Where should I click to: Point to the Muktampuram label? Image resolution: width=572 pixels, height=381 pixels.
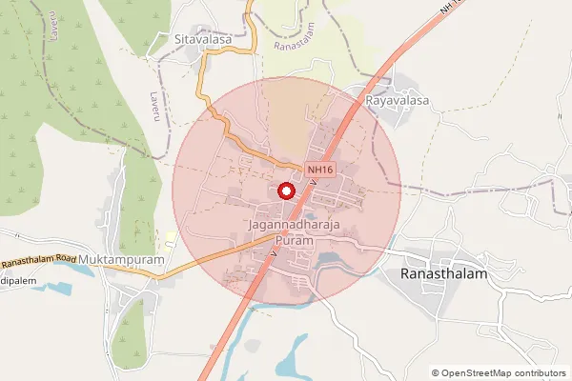point(122,259)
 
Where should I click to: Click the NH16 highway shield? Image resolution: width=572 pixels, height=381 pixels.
point(320,170)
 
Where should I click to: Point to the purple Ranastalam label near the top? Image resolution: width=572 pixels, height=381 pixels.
point(294,44)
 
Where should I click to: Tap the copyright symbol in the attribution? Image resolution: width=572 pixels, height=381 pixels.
point(436,373)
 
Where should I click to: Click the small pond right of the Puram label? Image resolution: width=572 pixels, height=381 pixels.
point(330,257)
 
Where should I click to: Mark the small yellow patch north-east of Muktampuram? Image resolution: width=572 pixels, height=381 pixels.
point(171,235)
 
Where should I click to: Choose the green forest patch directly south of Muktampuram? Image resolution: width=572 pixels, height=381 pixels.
point(128,329)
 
